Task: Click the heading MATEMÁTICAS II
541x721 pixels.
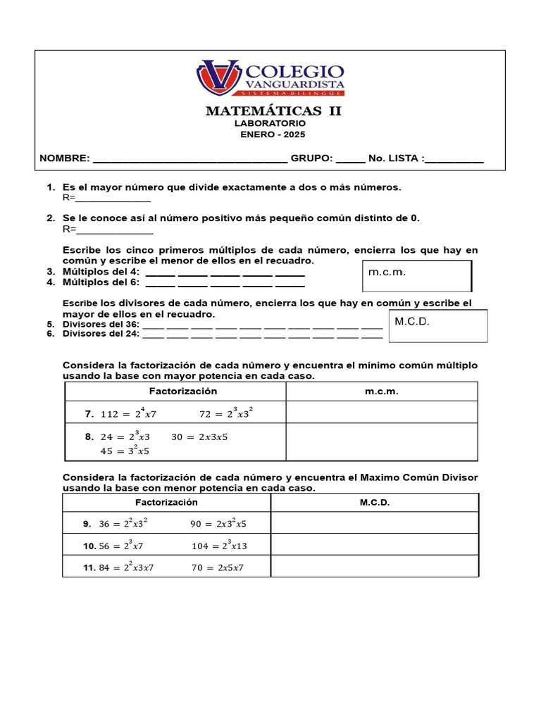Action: (273, 111)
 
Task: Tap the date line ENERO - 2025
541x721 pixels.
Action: (273, 134)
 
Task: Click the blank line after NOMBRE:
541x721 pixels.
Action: (189, 159)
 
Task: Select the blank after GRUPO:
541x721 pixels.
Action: (350, 159)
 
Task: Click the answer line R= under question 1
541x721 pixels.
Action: (113, 199)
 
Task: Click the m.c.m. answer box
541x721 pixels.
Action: (417, 275)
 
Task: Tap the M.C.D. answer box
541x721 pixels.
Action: (438, 326)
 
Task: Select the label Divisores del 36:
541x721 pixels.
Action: (101, 325)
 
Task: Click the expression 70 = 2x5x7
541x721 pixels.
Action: (218, 568)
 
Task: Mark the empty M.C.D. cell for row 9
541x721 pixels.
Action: (375, 523)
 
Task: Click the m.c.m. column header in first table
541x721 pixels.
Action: (381, 391)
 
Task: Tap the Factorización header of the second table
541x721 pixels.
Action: (166, 502)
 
